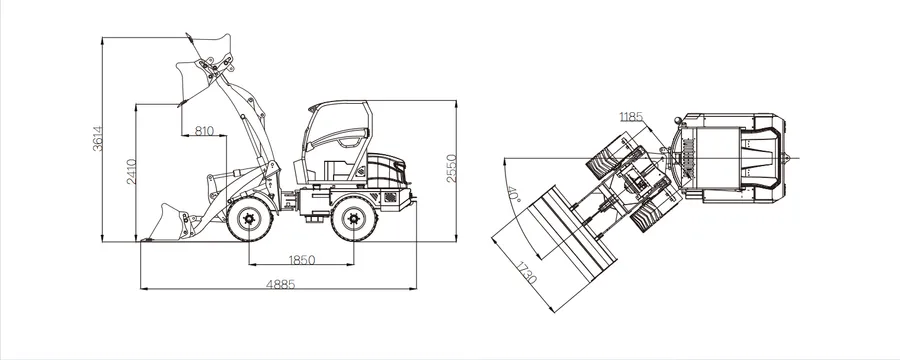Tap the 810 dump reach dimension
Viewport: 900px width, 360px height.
click(204, 131)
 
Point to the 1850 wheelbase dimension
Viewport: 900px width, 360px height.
click(301, 260)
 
